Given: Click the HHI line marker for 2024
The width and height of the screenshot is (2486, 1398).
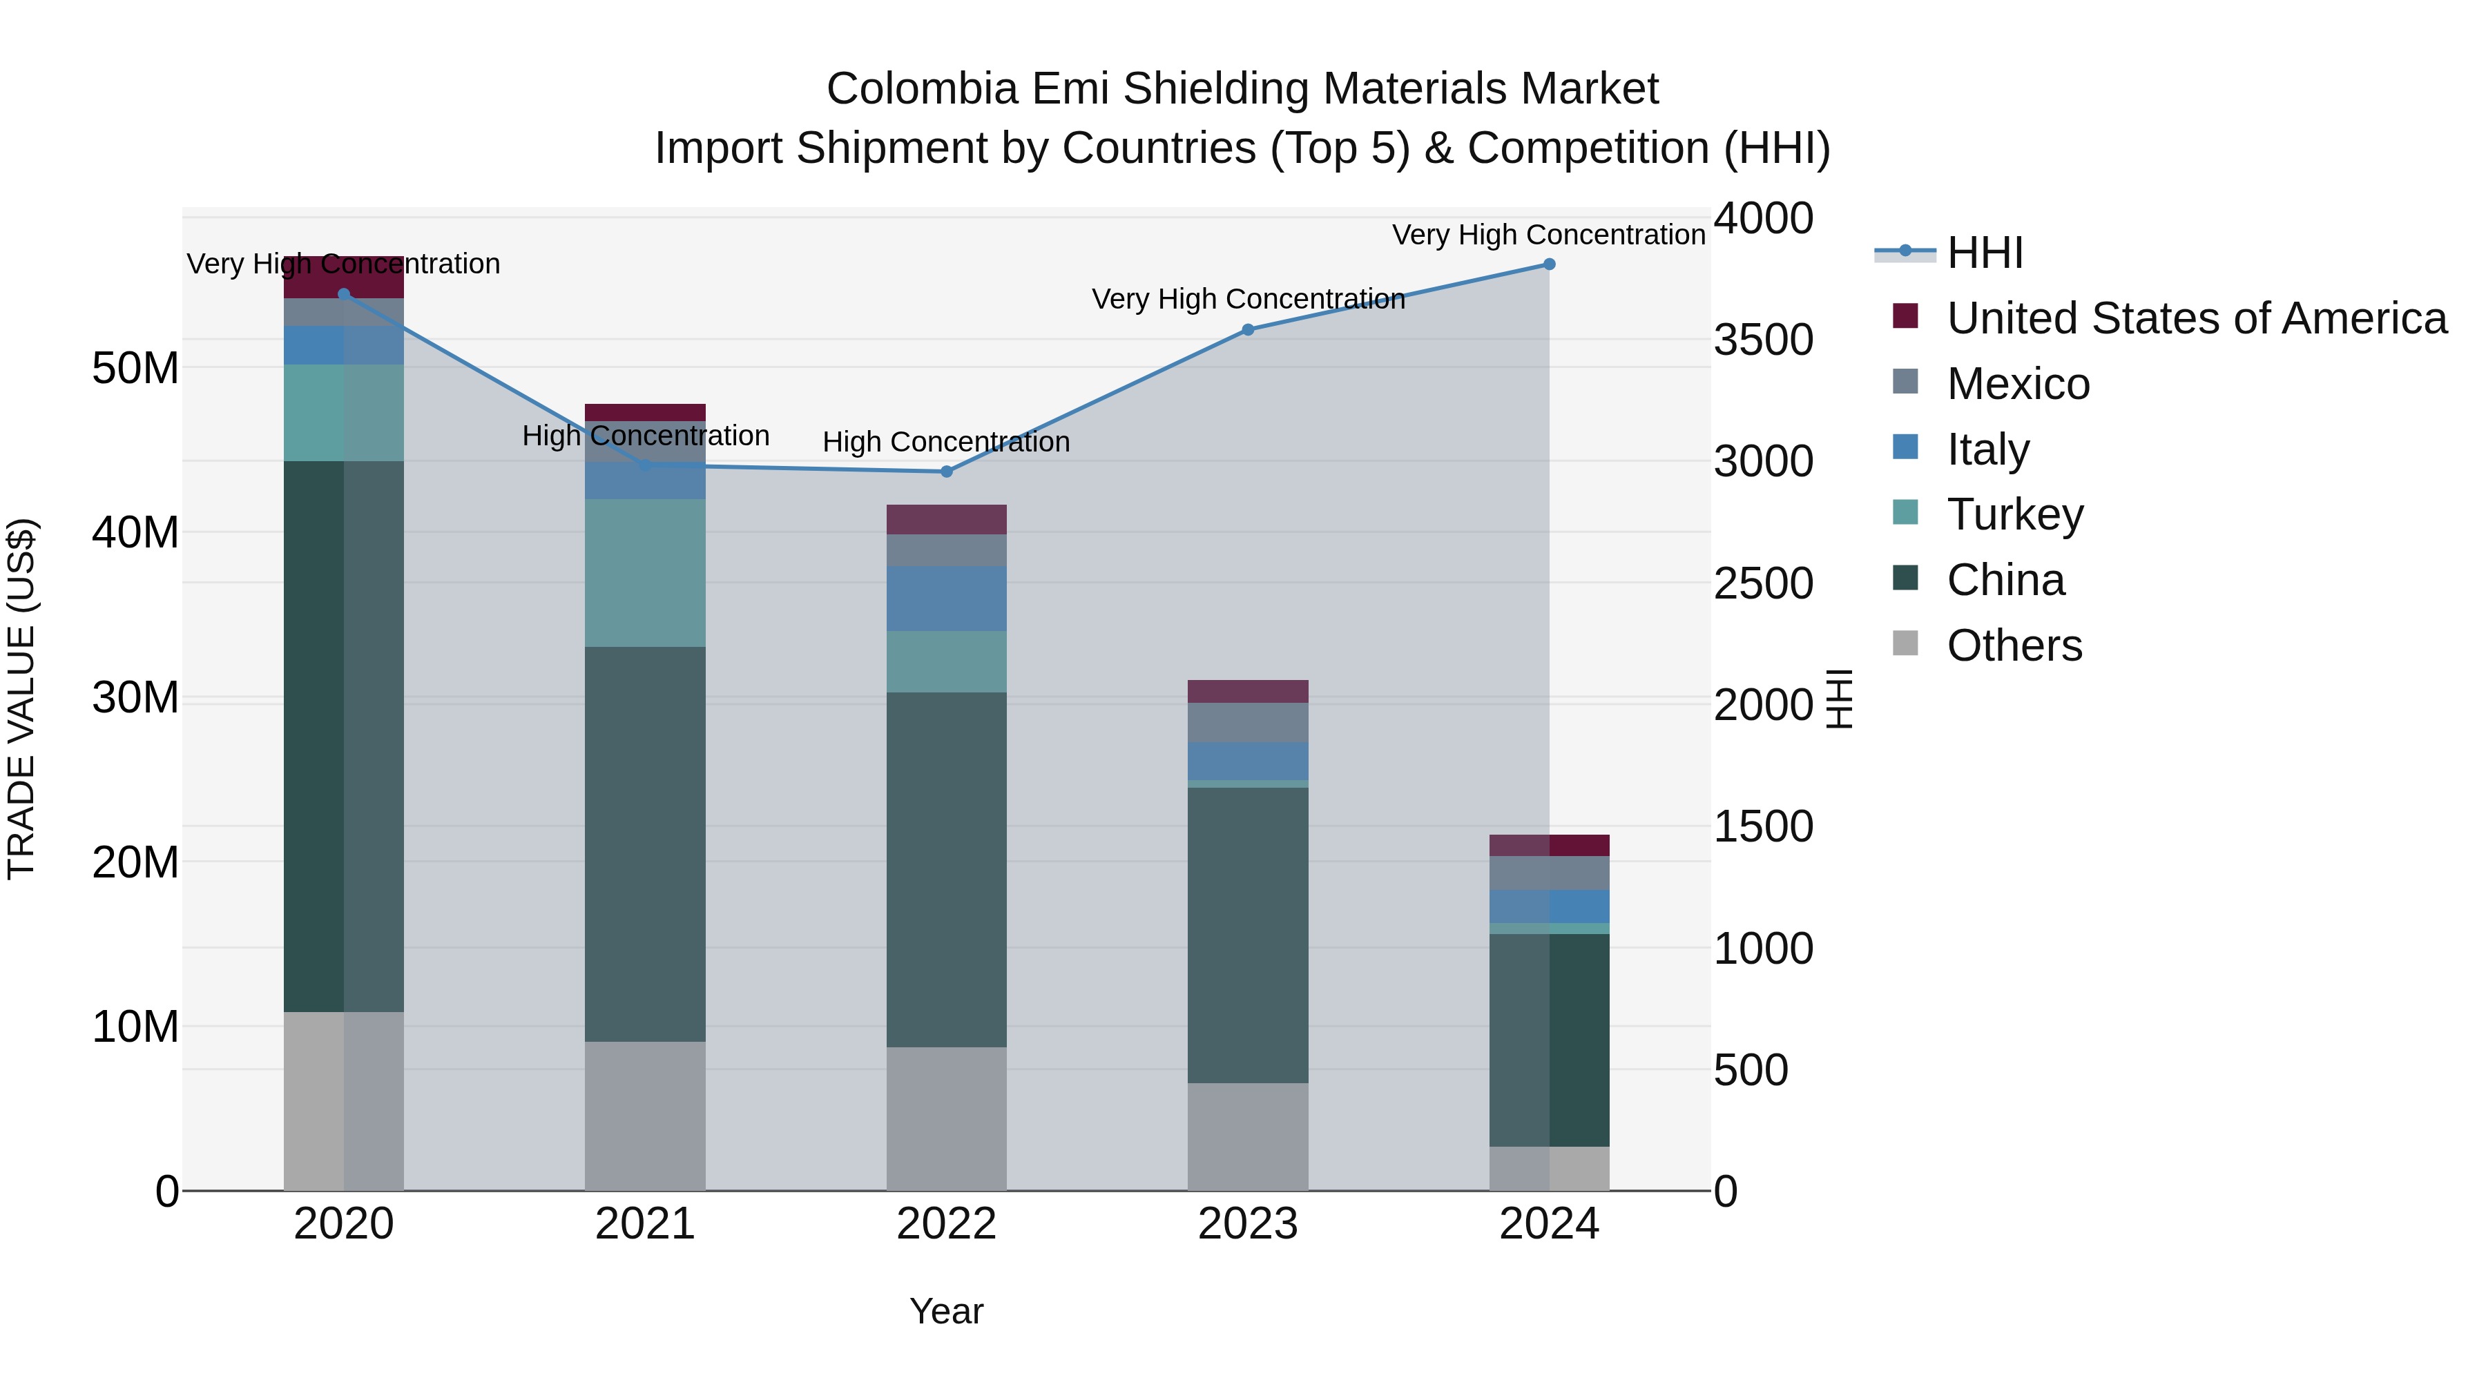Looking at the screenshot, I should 1549,264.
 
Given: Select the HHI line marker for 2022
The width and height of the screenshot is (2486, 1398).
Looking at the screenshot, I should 947,472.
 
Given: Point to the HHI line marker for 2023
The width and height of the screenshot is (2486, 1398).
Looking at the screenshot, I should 1248,330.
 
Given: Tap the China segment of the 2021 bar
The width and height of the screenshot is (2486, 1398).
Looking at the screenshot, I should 645,844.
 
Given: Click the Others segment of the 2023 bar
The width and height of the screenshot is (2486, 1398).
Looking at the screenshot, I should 1248,1136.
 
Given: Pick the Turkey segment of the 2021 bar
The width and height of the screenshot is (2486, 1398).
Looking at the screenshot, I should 645,573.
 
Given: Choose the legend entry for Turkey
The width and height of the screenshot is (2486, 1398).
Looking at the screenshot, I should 2014,514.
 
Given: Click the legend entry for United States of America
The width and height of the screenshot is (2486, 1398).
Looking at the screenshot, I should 2195,318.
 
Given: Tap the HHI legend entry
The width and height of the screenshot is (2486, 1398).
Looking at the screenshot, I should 1983,253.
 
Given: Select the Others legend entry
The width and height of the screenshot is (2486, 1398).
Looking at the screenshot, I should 2014,645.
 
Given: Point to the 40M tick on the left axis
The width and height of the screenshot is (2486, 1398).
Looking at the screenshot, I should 135,532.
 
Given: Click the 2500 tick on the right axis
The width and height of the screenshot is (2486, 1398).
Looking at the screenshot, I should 1762,583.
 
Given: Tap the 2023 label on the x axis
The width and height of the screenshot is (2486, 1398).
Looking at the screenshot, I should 1248,1224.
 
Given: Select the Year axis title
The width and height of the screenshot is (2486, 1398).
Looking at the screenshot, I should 947,1311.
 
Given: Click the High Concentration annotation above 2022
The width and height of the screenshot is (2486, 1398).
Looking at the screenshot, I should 947,442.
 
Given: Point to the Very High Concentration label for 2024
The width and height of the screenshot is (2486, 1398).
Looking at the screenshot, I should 1548,235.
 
